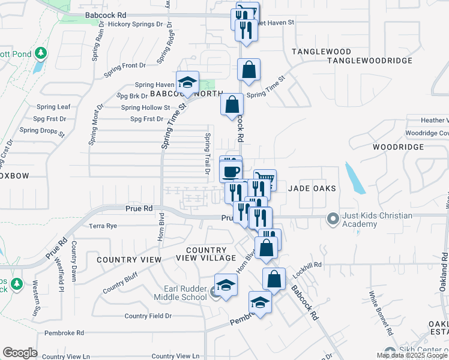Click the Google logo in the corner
20,353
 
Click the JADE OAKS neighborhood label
312,188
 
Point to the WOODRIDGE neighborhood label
398,146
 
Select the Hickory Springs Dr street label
136,24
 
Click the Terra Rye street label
103,226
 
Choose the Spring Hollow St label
145,107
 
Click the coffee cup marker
231,171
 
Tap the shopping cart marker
265,178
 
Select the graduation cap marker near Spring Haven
187,82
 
